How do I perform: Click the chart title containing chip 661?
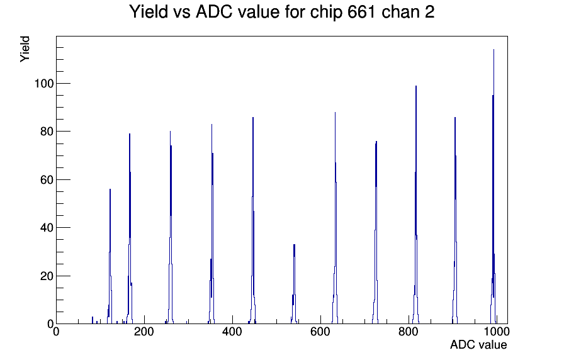pos(281,12)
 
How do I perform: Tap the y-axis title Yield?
pos(25,49)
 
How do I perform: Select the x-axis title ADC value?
pos(478,344)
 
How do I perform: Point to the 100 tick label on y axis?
pos(43,84)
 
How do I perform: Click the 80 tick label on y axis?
pos(47,132)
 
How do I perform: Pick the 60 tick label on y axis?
pos(47,180)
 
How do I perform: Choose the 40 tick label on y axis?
pos(47,228)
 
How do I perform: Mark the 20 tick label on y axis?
pos(47,276)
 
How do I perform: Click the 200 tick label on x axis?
pos(144,331)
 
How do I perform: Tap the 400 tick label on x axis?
pos(232,331)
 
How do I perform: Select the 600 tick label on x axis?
pos(320,331)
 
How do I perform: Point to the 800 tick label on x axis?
pos(409,331)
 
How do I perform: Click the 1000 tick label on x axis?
pos(497,331)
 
